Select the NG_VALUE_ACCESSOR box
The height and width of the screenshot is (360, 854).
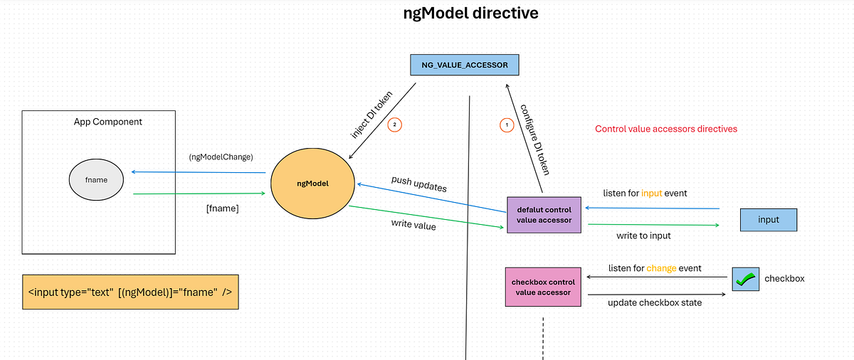[465, 65]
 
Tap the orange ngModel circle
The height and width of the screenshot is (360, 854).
[313, 183]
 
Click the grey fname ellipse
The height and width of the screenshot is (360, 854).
[96, 179]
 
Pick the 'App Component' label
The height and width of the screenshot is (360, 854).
[108, 122]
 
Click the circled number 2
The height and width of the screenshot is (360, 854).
[396, 125]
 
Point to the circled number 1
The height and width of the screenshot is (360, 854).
[507, 125]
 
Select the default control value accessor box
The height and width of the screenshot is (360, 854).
[544, 215]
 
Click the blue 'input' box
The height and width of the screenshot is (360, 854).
[769, 220]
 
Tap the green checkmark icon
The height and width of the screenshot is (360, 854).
[745, 279]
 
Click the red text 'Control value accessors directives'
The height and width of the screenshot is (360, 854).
[666, 129]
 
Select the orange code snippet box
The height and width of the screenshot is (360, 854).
[130, 292]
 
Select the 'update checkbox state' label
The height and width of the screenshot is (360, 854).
[655, 302]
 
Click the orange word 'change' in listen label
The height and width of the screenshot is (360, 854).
[660, 268]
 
